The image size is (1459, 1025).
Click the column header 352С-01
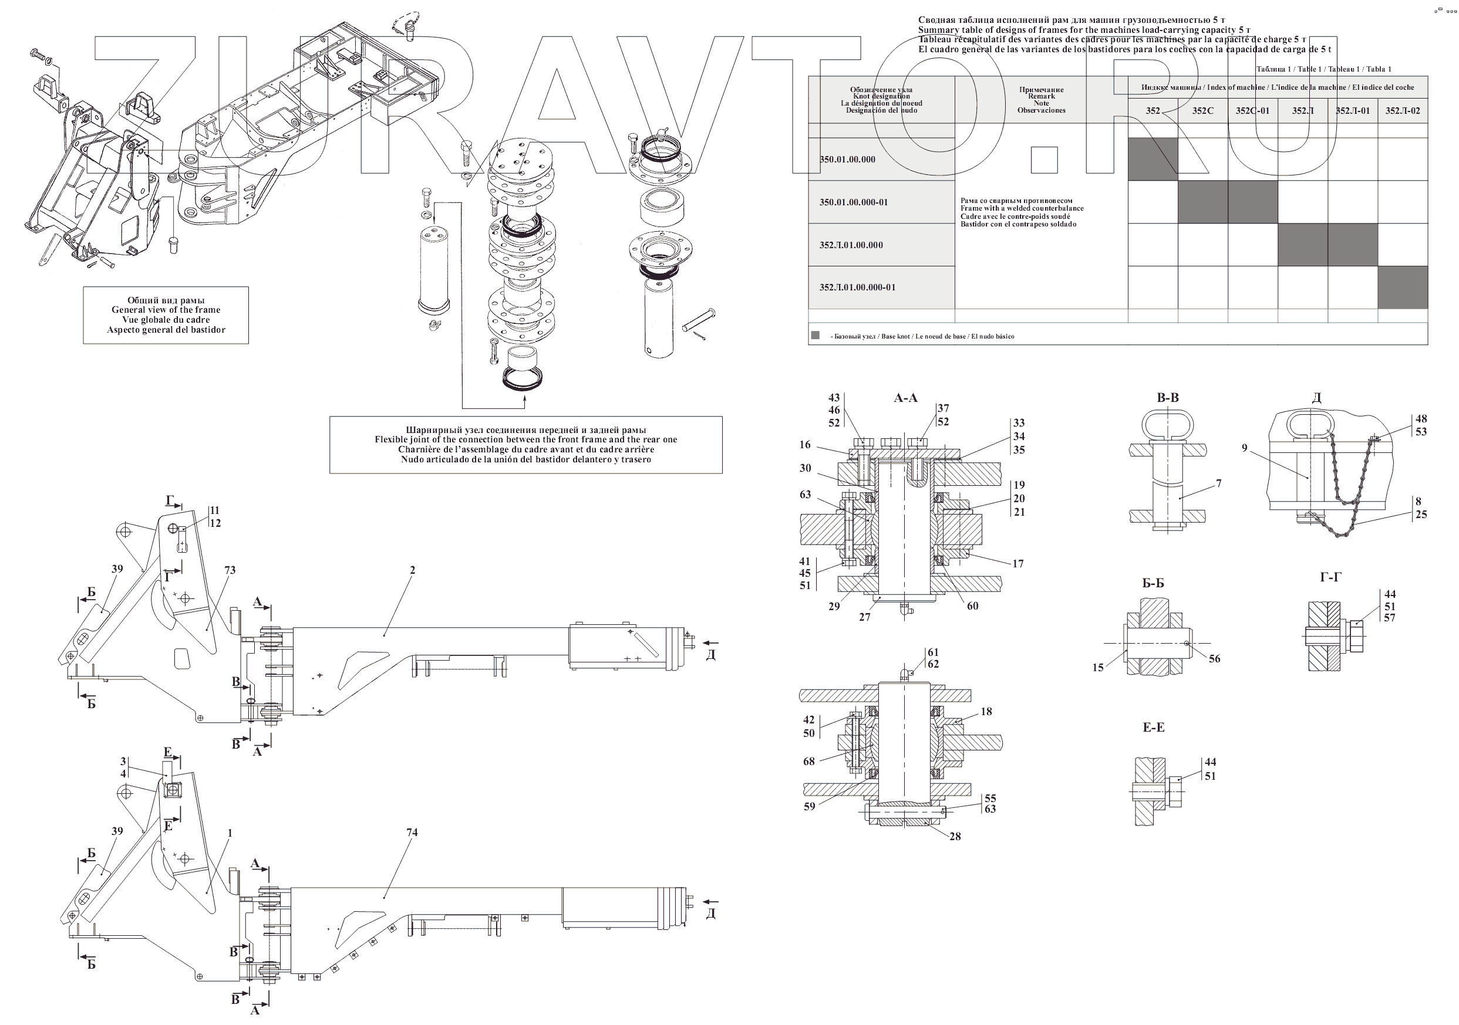(1252, 110)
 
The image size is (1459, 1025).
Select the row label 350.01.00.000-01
(854, 202)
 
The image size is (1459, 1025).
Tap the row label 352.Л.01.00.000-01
(857, 287)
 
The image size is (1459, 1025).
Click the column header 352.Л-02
(1403, 110)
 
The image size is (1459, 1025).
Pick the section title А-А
(905, 398)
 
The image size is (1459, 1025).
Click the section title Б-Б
(1153, 583)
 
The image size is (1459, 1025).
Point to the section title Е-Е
(1153, 727)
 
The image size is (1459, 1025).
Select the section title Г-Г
(1330, 577)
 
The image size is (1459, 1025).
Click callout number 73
(230, 570)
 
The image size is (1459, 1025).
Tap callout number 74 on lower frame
(412, 833)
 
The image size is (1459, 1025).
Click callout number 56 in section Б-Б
(1214, 658)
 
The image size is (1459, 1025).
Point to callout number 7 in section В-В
(1219, 484)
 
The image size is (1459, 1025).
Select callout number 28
(955, 837)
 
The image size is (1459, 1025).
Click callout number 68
(809, 761)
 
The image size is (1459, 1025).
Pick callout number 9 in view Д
(1245, 448)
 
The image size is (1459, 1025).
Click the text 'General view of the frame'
(166, 310)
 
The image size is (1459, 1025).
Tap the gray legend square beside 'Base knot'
(816, 336)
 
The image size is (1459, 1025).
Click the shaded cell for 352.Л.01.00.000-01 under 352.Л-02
(1403, 287)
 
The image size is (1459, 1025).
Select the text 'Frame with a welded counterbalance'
(1022, 208)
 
